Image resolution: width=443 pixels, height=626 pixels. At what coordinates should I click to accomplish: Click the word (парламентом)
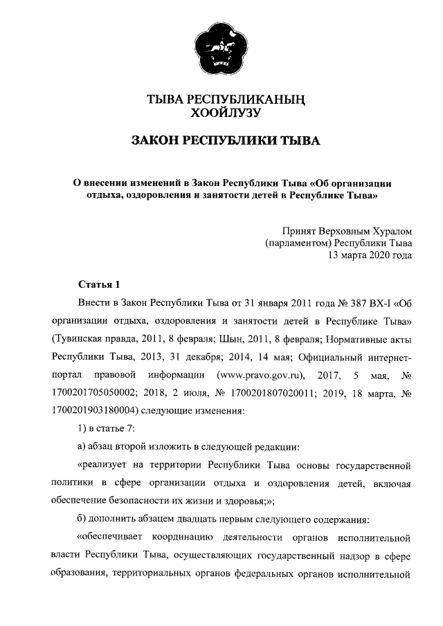tap(298, 243)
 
